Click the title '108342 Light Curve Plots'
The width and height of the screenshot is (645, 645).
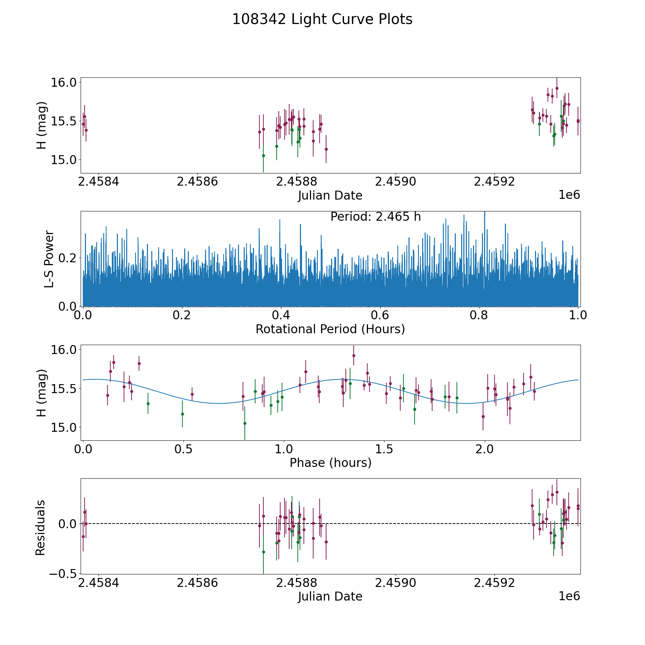[322, 19]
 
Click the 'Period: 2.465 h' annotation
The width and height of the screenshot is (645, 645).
[376, 217]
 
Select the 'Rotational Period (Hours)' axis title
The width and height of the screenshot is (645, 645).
[330, 329]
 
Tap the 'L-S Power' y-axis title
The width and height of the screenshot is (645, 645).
[49, 259]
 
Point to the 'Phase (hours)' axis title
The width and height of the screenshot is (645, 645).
[330, 463]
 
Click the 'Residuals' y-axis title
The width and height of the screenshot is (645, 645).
[40, 527]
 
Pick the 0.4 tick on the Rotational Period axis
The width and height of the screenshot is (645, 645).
[281, 316]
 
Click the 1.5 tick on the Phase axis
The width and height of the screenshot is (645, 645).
[384, 449]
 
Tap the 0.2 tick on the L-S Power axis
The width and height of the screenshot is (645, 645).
[68, 258]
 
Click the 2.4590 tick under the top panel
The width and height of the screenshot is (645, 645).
[396, 182]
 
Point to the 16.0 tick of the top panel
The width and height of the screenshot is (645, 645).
[63, 82]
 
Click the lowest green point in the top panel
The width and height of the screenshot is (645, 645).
[263, 156]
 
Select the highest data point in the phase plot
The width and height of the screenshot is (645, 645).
[354, 355]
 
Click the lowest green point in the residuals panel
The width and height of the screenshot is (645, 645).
[263, 552]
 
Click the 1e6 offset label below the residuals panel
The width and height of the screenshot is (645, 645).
[569, 596]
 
